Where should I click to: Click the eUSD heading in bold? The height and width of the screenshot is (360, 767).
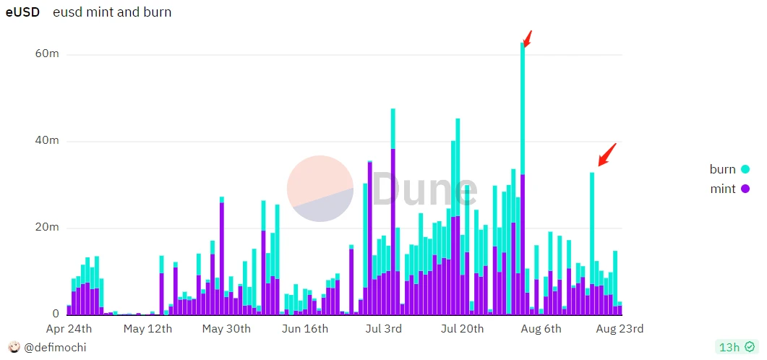[x=22, y=12]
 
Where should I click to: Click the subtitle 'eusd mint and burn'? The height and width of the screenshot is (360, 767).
[x=112, y=12]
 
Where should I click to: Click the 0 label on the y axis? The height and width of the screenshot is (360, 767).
[x=55, y=314]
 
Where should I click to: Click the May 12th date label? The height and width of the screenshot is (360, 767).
[x=147, y=329]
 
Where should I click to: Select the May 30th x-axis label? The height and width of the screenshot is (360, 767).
[x=226, y=329]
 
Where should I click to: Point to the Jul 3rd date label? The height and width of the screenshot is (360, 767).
[x=385, y=329]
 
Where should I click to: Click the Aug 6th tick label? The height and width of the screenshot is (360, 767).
[x=541, y=329]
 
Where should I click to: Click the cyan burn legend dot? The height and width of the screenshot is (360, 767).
[x=745, y=170]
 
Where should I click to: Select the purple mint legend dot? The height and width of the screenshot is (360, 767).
[x=745, y=189]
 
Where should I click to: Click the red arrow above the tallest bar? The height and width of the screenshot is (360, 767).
[x=528, y=38]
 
